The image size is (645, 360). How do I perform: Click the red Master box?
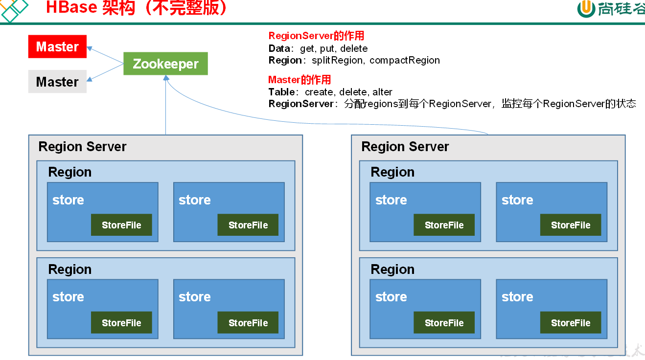(57, 46)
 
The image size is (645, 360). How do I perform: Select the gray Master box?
(57, 82)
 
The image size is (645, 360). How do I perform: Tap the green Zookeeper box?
(165, 64)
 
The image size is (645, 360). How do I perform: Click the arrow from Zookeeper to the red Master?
(105, 55)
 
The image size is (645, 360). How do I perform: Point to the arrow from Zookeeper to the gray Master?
(105, 72)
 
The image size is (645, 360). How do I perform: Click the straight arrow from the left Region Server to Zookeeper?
(166, 108)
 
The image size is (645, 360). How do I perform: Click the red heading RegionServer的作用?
(316, 36)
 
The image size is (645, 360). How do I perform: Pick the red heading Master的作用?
(299, 80)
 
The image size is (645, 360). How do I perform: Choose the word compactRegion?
(405, 60)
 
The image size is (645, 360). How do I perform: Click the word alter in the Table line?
(382, 92)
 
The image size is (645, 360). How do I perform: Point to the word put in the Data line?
(326, 48)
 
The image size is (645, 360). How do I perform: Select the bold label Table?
(282, 92)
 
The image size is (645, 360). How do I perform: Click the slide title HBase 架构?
(90, 8)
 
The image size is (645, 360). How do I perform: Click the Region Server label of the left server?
(82, 147)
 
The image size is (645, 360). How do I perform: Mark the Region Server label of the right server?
(405, 147)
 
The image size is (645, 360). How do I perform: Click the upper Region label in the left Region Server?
(69, 172)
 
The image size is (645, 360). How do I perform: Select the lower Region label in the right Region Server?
(392, 270)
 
